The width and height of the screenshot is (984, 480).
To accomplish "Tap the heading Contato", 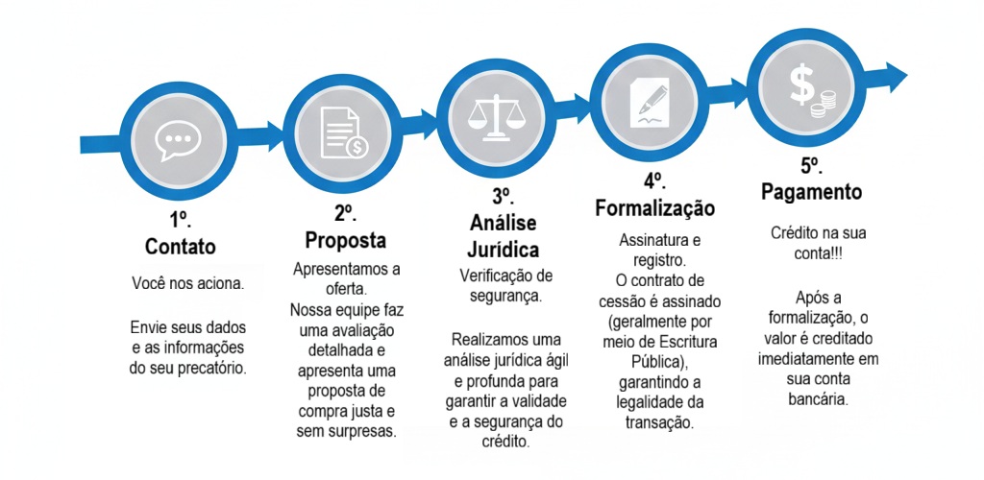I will (x=180, y=247).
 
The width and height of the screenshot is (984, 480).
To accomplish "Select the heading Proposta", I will (x=345, y=239).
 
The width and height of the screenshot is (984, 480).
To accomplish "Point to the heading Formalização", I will (x=654, y=207).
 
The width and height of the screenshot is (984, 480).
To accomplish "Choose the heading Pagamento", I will (x=811, y=192).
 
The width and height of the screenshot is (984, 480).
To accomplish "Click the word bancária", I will (x=818, y=399).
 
